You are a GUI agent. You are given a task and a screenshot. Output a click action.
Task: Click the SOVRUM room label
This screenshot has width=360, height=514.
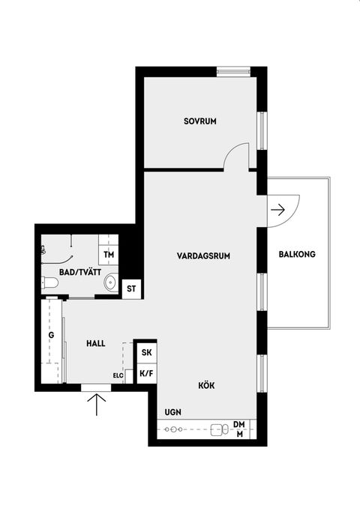click(x=200, y=121)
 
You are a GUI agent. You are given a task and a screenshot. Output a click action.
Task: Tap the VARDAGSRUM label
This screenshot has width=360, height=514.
click(x=203, y=256)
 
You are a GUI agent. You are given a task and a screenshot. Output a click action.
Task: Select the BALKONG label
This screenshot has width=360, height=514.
click(x=297, y=255)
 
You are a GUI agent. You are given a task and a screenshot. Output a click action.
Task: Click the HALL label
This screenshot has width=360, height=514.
click(x=94, y=343)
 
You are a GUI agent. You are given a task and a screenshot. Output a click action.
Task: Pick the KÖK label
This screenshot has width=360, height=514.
click(x=206, y=385)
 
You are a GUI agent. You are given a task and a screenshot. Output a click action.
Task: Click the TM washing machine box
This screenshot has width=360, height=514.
click(x=109, y=256)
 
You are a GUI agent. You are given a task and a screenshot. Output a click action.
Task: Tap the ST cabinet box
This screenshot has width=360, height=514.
click(x=132, y=288)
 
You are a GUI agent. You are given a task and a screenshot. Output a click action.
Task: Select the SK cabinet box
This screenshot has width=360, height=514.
click(x=145, y=352)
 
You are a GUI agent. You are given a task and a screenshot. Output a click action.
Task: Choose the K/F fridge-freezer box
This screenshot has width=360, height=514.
click(x=145, y=373)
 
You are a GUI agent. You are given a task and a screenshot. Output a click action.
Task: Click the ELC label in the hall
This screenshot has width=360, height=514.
click(x=118, y=375)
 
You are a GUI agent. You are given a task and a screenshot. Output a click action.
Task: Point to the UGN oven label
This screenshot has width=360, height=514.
click(x=172, y=412)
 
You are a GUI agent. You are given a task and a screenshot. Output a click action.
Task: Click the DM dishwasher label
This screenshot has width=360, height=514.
click(x=239, y=424)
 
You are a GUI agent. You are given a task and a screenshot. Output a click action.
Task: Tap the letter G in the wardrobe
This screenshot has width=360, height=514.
click(x=52, y=335)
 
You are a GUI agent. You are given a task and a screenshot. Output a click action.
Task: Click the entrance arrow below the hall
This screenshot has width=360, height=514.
click(x=97, y=405)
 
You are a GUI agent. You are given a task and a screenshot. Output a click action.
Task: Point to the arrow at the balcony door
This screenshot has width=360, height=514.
click(x=277, y=210)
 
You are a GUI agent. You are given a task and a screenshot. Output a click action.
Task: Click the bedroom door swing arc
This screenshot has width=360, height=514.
click(x=238, y=154)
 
